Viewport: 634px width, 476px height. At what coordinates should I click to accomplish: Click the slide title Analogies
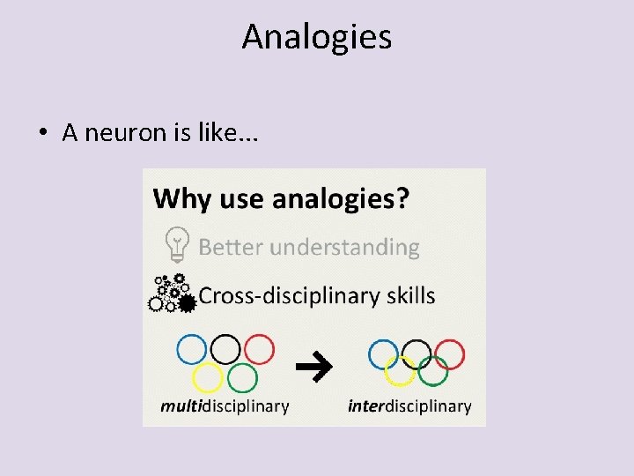[x=316, y=37]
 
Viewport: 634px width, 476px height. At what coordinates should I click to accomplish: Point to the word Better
[x=231, y=247]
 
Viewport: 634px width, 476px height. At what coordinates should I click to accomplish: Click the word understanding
[x=344, y=248]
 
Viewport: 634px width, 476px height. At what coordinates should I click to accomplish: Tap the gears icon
[x=172, y=294]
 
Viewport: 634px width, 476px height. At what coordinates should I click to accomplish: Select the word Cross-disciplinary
[x=289, y=295]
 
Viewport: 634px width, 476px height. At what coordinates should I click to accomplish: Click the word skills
[x=410, y=295]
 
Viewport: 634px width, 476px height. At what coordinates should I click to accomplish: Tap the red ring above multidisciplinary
[x=259, y=349]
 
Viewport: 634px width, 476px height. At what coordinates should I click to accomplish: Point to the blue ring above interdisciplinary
[x=383, y=354]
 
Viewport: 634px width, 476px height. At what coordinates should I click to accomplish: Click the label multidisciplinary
[x=225, y=406]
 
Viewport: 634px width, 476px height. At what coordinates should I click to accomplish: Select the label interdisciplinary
[x=409, y=406]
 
